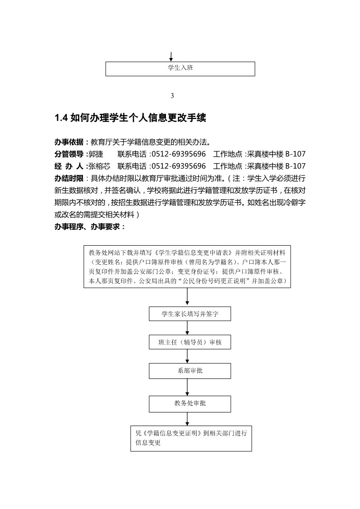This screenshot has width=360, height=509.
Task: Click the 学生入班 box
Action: [180, 68]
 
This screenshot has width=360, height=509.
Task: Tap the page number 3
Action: [172, 96]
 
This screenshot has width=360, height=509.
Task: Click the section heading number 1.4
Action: [61, 118]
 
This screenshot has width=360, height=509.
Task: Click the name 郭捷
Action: [96, 154]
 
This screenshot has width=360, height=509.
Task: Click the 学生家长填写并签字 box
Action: [190, 314]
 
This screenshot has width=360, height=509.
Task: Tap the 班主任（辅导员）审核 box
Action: [190, 342]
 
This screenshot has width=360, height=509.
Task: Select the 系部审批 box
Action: [190, 371]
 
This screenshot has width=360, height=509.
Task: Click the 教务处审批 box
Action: [190, 403]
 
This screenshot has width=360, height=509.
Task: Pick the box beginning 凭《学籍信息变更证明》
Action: [190, 439]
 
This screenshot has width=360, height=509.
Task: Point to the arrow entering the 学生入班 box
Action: [171, 57]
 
